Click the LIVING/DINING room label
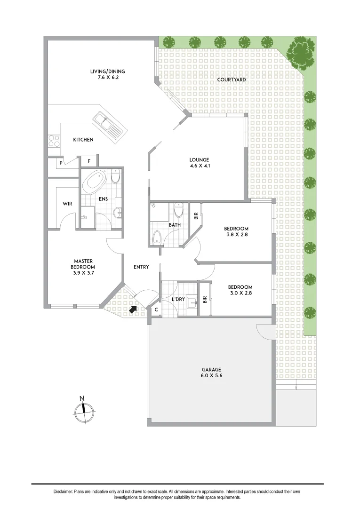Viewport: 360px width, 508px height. point(107,71)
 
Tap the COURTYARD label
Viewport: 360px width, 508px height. point(231,80)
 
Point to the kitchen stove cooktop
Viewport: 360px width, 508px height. point(54,140)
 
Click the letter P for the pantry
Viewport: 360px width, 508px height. point(61,162)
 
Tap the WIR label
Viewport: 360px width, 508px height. point(67,204)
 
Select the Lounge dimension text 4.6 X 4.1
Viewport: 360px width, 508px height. point(200,166)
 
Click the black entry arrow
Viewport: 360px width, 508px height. point(134,309)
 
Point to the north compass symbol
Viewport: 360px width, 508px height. point(84,410)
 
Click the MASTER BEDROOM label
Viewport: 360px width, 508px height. point(83,267)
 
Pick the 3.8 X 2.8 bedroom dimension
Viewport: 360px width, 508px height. point(236,236)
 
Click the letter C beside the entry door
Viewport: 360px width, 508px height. point(156,310)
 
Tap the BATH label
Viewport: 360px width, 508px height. point(175,225)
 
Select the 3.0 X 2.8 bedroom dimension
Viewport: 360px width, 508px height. point(240,294)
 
